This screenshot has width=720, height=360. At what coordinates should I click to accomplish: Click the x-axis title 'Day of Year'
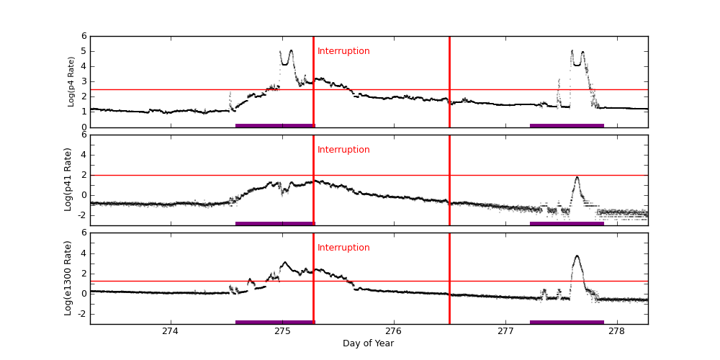click(368, 343)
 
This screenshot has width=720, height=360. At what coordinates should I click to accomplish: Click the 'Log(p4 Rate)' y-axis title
click(71, 81)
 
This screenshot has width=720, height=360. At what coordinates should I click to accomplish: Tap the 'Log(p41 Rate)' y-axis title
click(68, 179)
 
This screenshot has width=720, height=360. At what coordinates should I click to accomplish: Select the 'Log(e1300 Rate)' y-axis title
click(68, 278)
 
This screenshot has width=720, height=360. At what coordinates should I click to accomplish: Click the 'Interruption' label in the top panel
click(343, 51)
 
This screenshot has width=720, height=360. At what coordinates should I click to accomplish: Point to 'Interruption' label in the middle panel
click(343, 150)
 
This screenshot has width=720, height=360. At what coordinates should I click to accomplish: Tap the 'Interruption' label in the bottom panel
click(343, 248)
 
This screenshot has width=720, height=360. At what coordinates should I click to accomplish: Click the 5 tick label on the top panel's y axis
click(84, 51)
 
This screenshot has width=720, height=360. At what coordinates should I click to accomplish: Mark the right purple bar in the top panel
click(567, 125)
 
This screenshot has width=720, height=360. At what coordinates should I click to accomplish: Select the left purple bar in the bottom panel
click(275, 322)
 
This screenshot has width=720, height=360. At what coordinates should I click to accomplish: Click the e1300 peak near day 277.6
click(577, 256)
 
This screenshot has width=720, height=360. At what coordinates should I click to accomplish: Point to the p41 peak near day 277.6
click(577, 177)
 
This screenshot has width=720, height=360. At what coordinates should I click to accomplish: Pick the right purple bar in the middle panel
click(567, 223)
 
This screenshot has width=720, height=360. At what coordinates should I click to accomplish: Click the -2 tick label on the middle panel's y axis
click(81, 215)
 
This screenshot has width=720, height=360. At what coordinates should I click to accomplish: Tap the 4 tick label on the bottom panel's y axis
click(84, 253)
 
